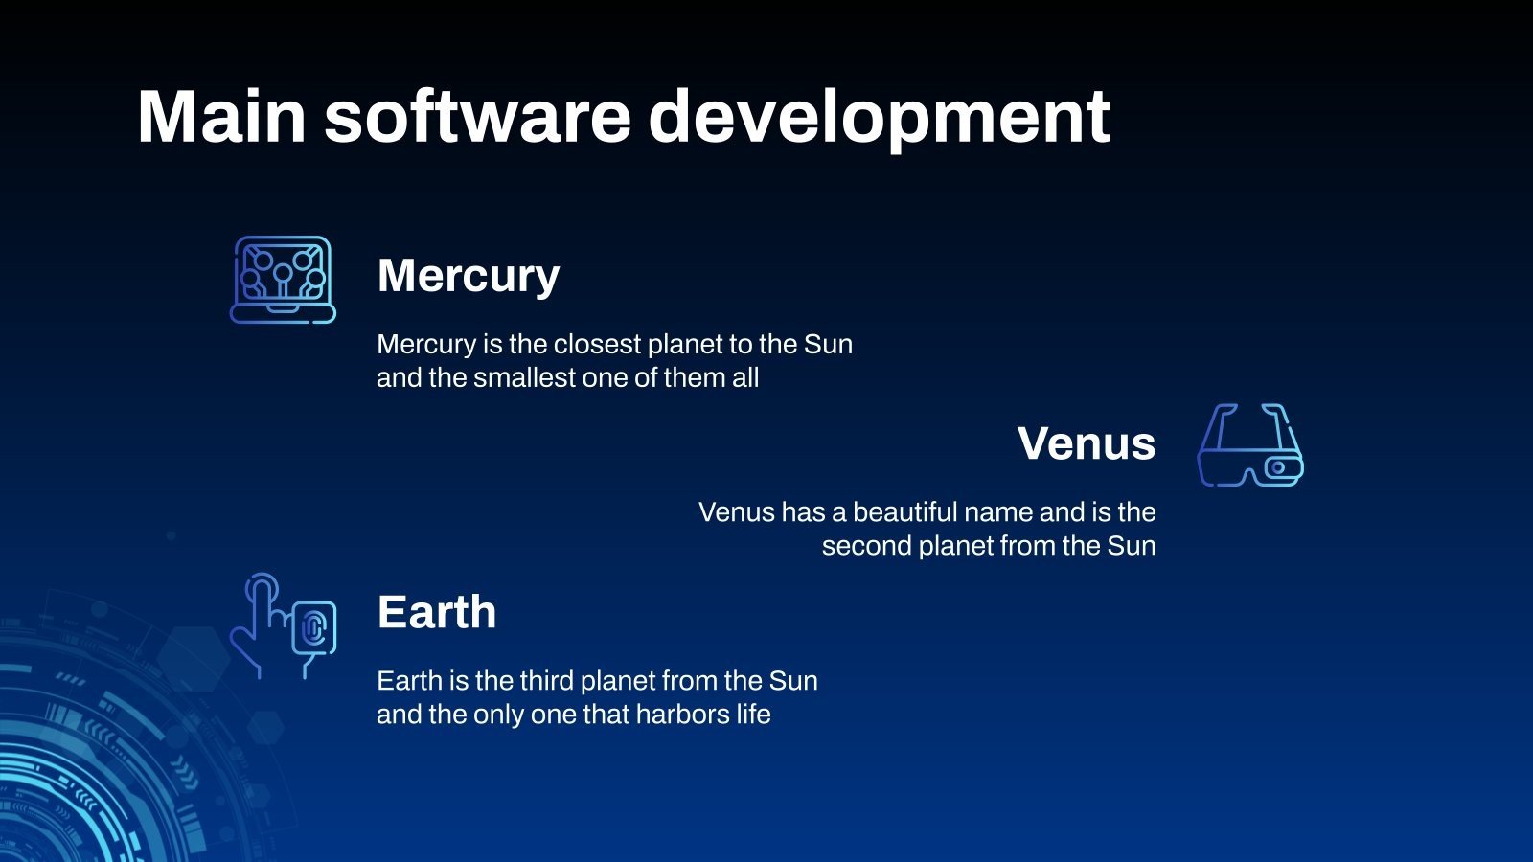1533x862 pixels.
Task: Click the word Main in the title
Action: [221, 117]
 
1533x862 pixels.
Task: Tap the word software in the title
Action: [477, 117]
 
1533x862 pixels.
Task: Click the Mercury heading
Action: [468, 276]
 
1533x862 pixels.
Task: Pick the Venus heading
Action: [1086, 443]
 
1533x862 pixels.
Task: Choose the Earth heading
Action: [436, 612]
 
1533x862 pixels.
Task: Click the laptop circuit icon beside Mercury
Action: [283, 279]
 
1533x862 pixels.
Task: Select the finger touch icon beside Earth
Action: [283, 625]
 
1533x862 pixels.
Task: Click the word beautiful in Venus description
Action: [904, 512]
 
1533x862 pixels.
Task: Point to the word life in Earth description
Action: [753, 715]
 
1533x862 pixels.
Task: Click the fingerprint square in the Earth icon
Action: [314, 628]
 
